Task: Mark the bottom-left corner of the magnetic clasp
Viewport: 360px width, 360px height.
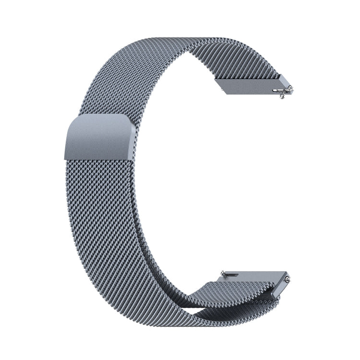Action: coord(65,159)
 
